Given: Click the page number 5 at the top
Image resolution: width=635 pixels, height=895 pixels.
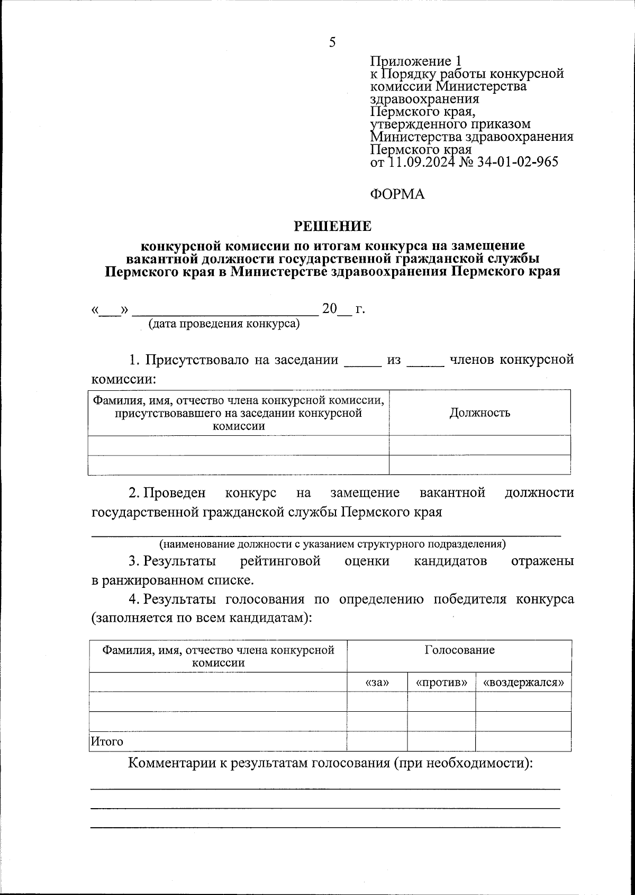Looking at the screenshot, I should [332, 42].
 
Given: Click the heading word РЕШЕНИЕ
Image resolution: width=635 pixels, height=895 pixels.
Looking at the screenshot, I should [332, 227].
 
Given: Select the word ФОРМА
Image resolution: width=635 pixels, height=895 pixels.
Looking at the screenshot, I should [397, 194].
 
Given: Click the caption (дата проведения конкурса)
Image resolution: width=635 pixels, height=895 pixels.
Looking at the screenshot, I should [224, 324].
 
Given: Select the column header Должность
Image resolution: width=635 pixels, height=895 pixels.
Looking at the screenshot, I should [479, 413].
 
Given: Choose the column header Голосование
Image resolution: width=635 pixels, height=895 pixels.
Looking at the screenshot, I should [459, 650].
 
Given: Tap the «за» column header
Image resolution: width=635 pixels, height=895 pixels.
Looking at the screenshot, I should [377, 683].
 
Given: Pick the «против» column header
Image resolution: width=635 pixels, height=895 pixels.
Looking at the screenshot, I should [441, 683].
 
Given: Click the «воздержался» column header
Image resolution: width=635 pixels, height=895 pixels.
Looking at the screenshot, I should [523, 683].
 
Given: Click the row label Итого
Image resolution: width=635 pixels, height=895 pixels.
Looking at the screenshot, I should [107, 741].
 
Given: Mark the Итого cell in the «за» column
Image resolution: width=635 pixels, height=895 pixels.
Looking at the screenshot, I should [377, 741].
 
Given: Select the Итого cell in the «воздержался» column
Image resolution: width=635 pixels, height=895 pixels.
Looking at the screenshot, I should [523, 741].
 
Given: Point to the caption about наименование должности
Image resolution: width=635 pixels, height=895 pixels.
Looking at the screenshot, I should [332, 544].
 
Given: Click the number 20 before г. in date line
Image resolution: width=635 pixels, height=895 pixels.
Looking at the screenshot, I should [330, 309].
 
